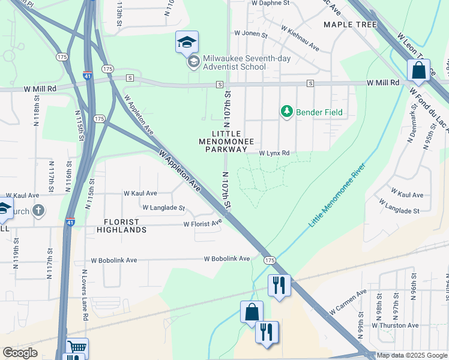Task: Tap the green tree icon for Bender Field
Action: coord(287,112)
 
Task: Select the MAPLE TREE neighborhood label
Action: coord(350,25)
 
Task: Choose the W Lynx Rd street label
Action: coord(274,154)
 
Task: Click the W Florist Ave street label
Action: coord(202,224)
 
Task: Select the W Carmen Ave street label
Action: coord(348,303)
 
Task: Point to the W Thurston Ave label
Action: coord(394,325)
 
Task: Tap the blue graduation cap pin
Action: coord(187,42)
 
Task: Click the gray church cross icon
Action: coord(38,210)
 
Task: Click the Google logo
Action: coord(20,353)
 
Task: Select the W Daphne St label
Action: coord(270,3)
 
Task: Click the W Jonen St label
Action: coord(250,34)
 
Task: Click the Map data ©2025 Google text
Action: coord(412,355)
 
